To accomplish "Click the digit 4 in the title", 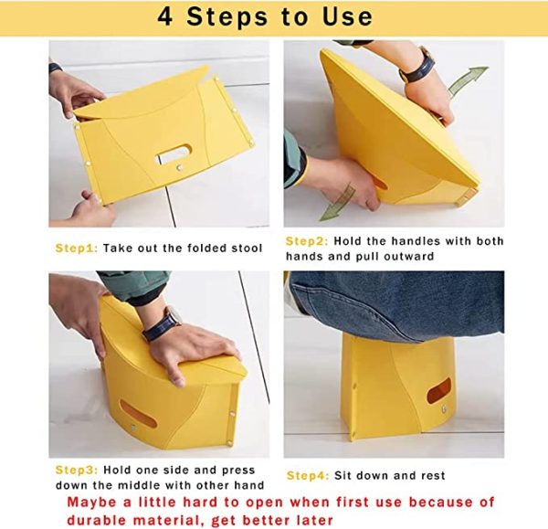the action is click(x=165, y=16).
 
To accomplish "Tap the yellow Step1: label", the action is click(x=77, y=249).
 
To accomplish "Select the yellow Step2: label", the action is click(x=307, y=241).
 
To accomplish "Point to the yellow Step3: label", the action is click(x=77, y=471).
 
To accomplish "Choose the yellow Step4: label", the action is click(x=308, y=476).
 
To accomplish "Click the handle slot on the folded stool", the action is click(x=174, y=153).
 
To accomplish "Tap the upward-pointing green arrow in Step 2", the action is click(x=468, y=80).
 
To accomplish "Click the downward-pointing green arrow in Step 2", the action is click(x=337, y=203).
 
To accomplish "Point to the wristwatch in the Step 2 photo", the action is click(x=417, y=67).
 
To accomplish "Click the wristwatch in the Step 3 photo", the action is click(x=163, y=324).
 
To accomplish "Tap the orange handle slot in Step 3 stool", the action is click(x=138, y=414).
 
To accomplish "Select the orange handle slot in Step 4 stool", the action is click(x=439, y=390).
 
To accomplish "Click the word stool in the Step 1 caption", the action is click(x=247, y=249).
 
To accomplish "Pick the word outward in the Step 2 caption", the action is click(x=408, y=257).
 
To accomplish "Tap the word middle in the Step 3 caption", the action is click(x=139, y=486).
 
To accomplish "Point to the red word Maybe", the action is click(x=91, y=503).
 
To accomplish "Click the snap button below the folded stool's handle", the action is click(x=180, y=168).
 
